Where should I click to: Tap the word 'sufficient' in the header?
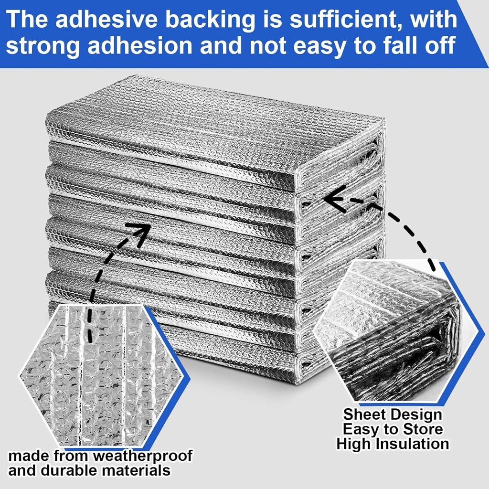coord(330,21)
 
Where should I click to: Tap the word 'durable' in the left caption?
coord(69,470)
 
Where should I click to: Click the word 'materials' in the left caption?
coord(136,470)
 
